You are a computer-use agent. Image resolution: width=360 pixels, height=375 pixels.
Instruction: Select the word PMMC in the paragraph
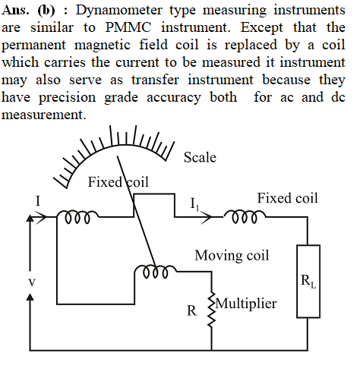(x=128, y=27)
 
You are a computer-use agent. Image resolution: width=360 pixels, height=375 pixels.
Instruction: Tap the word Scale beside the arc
(x=200, y=157)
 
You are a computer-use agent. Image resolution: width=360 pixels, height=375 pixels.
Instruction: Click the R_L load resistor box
(x=308, y=281)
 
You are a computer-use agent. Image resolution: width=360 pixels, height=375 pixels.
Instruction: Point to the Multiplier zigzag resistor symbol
(x=212, y=310)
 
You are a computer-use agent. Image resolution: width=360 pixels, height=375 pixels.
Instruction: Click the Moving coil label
(x=232, y=255)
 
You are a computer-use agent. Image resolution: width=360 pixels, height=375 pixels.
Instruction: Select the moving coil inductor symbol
(x=155, y=272)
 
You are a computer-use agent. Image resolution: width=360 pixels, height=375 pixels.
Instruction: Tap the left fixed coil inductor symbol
(x=77, y=217)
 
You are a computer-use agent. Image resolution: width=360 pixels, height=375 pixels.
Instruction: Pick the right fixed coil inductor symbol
(x=245, y=217)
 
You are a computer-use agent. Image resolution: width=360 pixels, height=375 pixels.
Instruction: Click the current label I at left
(x=38, y=201)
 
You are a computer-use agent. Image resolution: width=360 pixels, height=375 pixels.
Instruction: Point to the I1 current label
(x=194, y=204)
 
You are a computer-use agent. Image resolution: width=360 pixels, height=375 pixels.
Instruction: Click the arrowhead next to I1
(x=207, y=217)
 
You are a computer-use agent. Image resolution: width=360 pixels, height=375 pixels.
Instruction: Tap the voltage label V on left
(x=32, y=282)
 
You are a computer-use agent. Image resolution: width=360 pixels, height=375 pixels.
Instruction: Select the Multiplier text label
(x=246, y=303)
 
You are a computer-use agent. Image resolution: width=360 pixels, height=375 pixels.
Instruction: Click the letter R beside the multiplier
(x=191, y=310)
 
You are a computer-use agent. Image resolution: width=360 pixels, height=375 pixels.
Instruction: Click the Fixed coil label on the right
(x=288, y=198)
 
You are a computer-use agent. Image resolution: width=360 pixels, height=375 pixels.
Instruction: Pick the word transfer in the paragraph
(x=155, y=80)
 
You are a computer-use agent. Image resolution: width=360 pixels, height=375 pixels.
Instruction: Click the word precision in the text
(x=67, y=98)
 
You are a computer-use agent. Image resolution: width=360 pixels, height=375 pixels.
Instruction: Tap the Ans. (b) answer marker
(x=28, y=11)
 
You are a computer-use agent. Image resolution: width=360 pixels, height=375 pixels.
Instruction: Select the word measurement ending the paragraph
(x=44, y=115)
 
